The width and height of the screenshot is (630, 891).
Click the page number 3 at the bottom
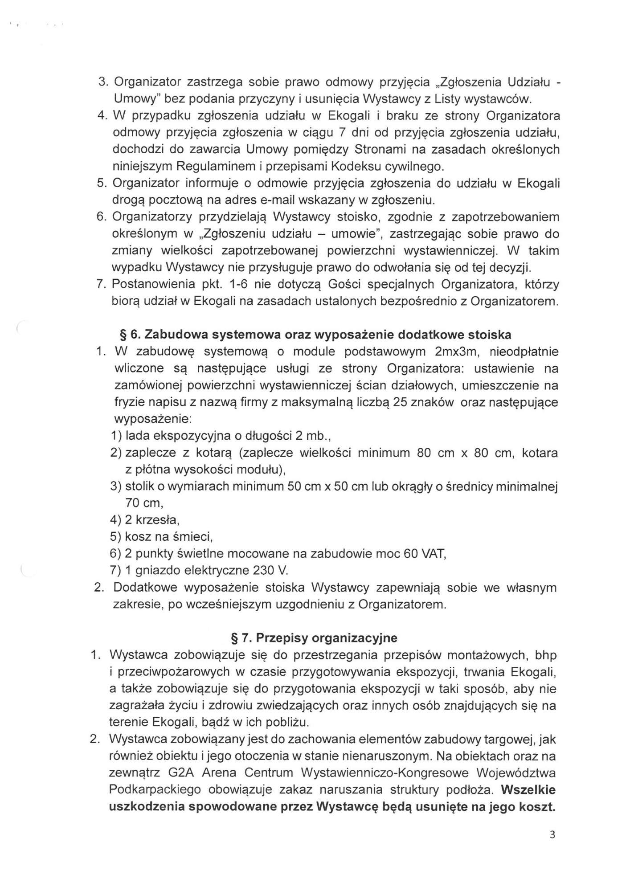coord(552,847)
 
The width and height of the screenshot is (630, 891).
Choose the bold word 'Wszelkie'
coord(528,790)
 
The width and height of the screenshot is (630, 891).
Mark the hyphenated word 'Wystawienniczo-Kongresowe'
coord(385,773)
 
